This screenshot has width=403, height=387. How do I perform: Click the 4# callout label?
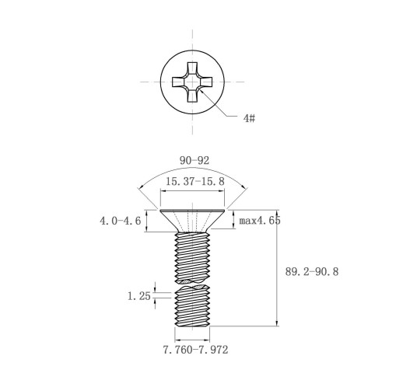[249, 118]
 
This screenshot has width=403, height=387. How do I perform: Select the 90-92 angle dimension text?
[194, 161]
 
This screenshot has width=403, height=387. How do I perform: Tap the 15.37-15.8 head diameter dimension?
[195, 181]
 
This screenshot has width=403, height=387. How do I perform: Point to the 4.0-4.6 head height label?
[121, 221]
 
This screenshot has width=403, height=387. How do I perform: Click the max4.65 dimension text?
[260, 221]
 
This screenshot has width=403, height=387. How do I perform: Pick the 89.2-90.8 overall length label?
[312, 272]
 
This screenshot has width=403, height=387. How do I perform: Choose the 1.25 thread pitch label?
[139, 296]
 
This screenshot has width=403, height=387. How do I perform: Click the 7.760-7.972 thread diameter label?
[195, 350]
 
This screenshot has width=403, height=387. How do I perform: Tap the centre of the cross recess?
[192, 82]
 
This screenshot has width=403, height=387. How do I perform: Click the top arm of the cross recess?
[192, 68]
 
